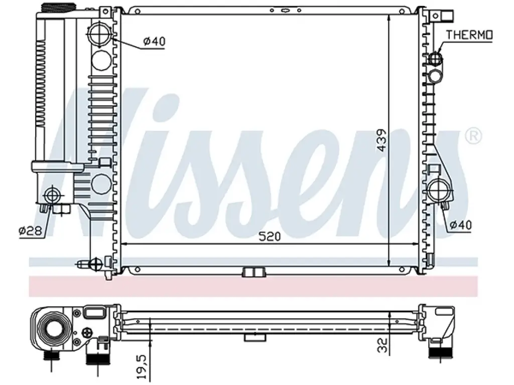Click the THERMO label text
(469, 35)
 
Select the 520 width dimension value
(270, 236)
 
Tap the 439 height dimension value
(381, 140)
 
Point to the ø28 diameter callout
(30, 231)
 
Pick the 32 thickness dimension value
(382, 345)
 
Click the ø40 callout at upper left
(155, 41)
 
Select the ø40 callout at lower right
(461, 225)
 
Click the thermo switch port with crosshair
(436, 59)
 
